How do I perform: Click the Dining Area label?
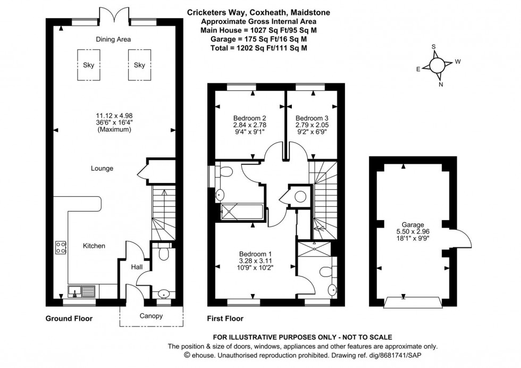coord(113,39)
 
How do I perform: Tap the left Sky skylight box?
coord(88,65)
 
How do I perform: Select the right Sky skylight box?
coord(139,65)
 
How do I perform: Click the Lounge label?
coord(102,169)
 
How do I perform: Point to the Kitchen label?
coord(94,246)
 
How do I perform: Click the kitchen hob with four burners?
coord(61,247)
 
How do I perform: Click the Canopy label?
coord(152,316)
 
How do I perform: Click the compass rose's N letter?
coord(440,84)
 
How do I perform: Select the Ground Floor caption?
coord(69,319)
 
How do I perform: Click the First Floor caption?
coord(225,319)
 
